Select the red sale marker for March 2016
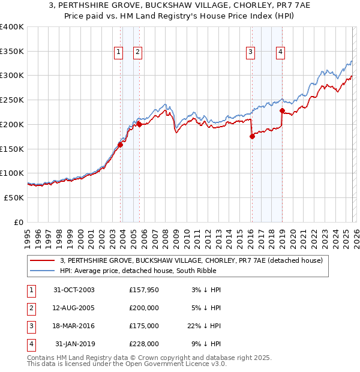tap(252, 136)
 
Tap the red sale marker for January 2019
tap(282, 110)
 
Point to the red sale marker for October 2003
tap(121, 144)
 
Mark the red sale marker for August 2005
tap(139, 124)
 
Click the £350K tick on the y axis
tap(12, 52)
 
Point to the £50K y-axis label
tap(14, 197)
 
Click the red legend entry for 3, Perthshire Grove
tap(191, 260)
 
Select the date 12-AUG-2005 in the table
tap(74, 308)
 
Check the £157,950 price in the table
tap(144, 290)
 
